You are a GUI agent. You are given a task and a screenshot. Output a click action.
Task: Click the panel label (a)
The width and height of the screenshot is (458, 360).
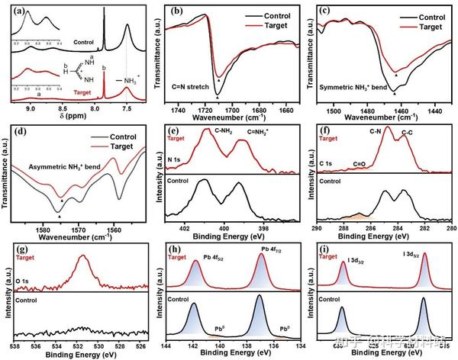(13, 11)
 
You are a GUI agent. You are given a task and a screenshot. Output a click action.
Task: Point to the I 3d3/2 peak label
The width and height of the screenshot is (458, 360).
(360, 263)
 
